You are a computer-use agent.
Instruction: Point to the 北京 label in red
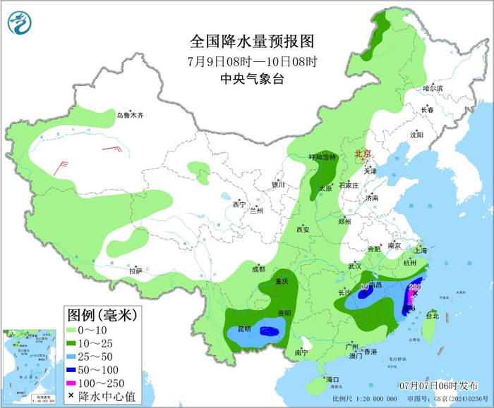click(x=362, y=154)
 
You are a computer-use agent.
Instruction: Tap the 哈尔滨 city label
click(x=433, y=89)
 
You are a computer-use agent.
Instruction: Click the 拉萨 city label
click(x=135, y=271)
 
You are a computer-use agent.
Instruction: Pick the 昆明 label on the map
click(x=243, y=329)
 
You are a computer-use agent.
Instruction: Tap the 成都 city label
click(x=258, y=268)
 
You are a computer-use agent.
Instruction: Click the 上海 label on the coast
click(x=421, y=249)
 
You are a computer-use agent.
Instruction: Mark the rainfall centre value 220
click(x=414, y=288)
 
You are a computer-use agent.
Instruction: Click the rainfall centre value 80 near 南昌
click(x=364, y=287)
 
